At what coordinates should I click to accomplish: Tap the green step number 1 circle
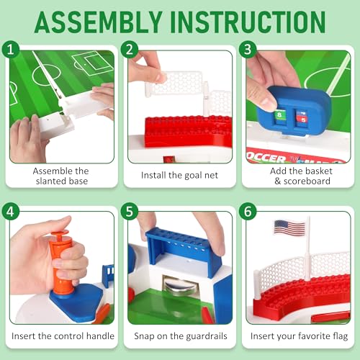point(11,49)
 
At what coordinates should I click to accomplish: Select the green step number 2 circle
point(130,49)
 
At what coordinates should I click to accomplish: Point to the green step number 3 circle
point(248,49)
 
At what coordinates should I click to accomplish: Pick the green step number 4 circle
point(11,211)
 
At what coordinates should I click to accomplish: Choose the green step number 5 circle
point(130,211)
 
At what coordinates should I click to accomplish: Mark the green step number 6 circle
point(248,211)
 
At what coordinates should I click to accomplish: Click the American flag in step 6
point(289,228)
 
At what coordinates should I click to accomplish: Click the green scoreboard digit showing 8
point(279,115)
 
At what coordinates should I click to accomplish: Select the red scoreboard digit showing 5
point(302,118)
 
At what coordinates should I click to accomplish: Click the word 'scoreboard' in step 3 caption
point(307,181)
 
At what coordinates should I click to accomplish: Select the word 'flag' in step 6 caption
point(341,336)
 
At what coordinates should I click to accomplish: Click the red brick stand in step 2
point(189,131)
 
